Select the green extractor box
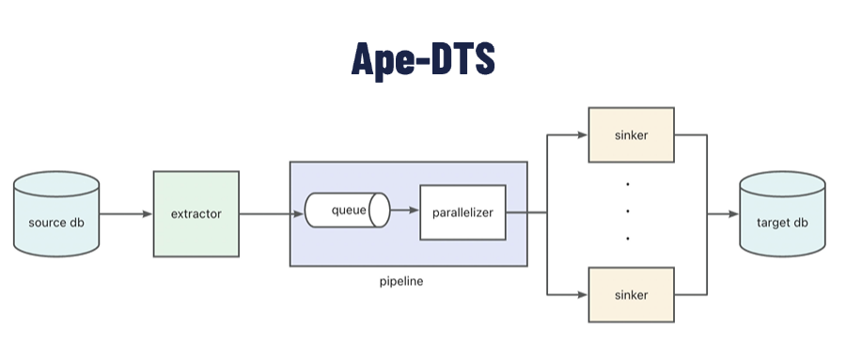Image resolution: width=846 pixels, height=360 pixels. [x=196, y=213]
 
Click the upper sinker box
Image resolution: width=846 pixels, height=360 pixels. [x=631, y=133]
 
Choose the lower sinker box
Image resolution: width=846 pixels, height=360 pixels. [x=631, y=294]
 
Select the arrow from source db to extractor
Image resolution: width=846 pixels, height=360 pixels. [x=125, y=213]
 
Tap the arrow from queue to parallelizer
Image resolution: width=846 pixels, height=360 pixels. [x=404, y=211]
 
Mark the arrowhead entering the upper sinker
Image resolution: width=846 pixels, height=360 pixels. [x=582, y=133]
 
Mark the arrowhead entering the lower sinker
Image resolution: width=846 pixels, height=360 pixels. [x=582, y=294]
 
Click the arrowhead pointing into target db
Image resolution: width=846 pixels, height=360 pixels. [x=732, y=213]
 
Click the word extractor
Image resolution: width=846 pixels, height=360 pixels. [x=196, y=213]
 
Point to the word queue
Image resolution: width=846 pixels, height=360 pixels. [x=347, y=209]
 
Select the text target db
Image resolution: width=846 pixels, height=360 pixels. [x=781, y=223]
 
